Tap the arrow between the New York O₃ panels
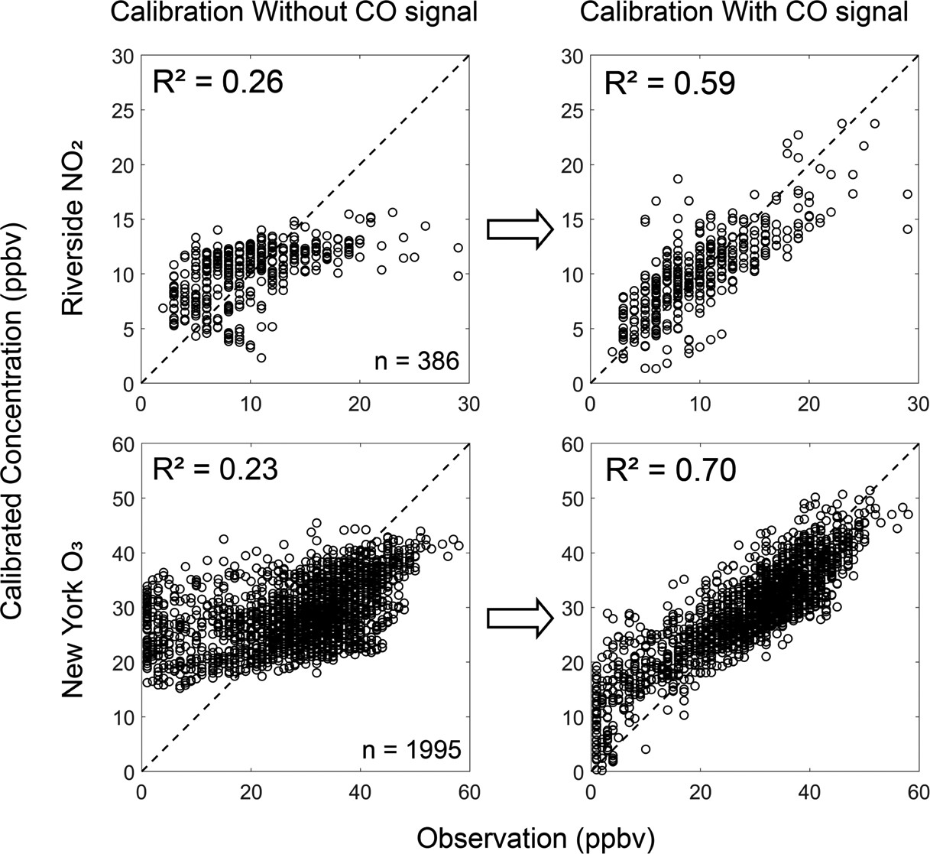click(519, 616)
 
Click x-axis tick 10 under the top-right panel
click(700, 404)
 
